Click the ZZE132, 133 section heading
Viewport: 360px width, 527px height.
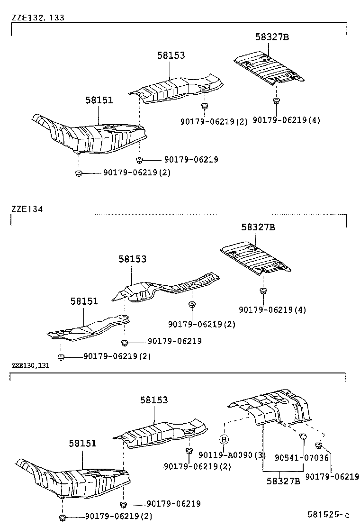(38, 18)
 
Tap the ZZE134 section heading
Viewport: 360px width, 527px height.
(27, 209)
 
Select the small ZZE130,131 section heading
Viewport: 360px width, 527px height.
(31, 365)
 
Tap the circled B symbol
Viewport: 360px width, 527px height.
(225, 438)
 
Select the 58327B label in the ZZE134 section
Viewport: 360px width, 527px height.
(258, 227)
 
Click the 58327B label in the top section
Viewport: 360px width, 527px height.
(271, 37)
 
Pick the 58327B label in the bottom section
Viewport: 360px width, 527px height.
(283, 481)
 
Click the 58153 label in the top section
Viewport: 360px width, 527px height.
(171, 55)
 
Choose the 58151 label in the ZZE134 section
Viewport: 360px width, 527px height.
(84, 301)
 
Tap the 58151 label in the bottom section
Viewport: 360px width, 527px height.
(82, 443)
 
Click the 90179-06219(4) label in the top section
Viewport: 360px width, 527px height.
(286, 120)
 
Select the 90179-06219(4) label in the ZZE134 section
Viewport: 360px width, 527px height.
(272, 309)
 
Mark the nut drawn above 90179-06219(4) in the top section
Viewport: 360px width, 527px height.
(275, 101)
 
